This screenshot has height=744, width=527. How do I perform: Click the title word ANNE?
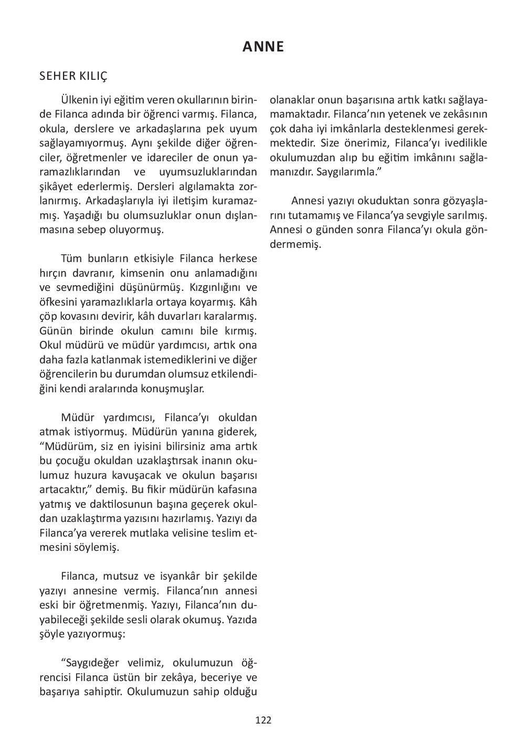click(x=263, y=47)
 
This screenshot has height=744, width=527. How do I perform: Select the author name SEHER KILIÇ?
click(x=73, y=77)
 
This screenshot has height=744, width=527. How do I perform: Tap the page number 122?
click(x=263, y=720)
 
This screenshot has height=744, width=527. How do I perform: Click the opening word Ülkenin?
click(x=78, y=100)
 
